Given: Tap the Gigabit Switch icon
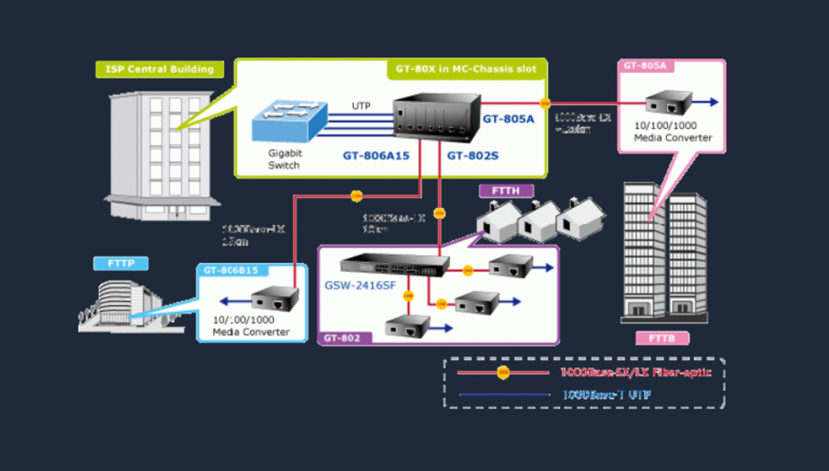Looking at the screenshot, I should [x=288, y=121].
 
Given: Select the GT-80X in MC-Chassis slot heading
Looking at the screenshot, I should [x=466, y=69].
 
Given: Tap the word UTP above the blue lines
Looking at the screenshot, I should [x=361, y=106].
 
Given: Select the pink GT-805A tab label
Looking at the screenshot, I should [x=644, y=66].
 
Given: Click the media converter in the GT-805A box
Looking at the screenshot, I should [x=668, y=103].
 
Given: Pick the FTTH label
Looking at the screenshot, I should [x=507, y=191].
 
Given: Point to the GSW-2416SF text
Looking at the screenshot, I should [x=359, y=285].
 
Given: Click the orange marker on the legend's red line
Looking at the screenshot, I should [x=503, y=373].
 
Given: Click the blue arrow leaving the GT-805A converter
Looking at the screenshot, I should [x=707, y=103].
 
